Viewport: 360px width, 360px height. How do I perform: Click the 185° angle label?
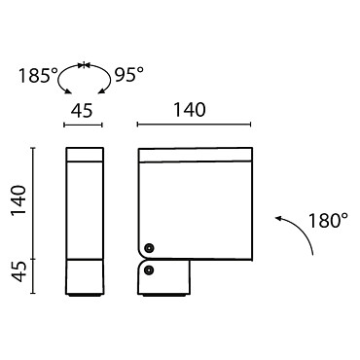(x=38, y=76)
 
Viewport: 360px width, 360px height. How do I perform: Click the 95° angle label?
(x=128, y=75)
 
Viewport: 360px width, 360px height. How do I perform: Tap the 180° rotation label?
(x=328, y=221)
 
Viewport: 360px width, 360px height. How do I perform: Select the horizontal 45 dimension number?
(x=82, y=111)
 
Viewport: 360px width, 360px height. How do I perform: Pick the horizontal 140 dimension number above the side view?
(x=190, y=110)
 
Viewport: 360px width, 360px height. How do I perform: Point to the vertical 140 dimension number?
(x=18, y=201)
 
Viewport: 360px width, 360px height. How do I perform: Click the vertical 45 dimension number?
(x=18, y=271)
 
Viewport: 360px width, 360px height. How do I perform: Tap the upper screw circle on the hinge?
(x=149, y=248)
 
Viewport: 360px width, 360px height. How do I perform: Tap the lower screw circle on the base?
(x=149, y=270)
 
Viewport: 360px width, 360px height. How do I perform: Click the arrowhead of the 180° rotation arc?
(x=278, y=218)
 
